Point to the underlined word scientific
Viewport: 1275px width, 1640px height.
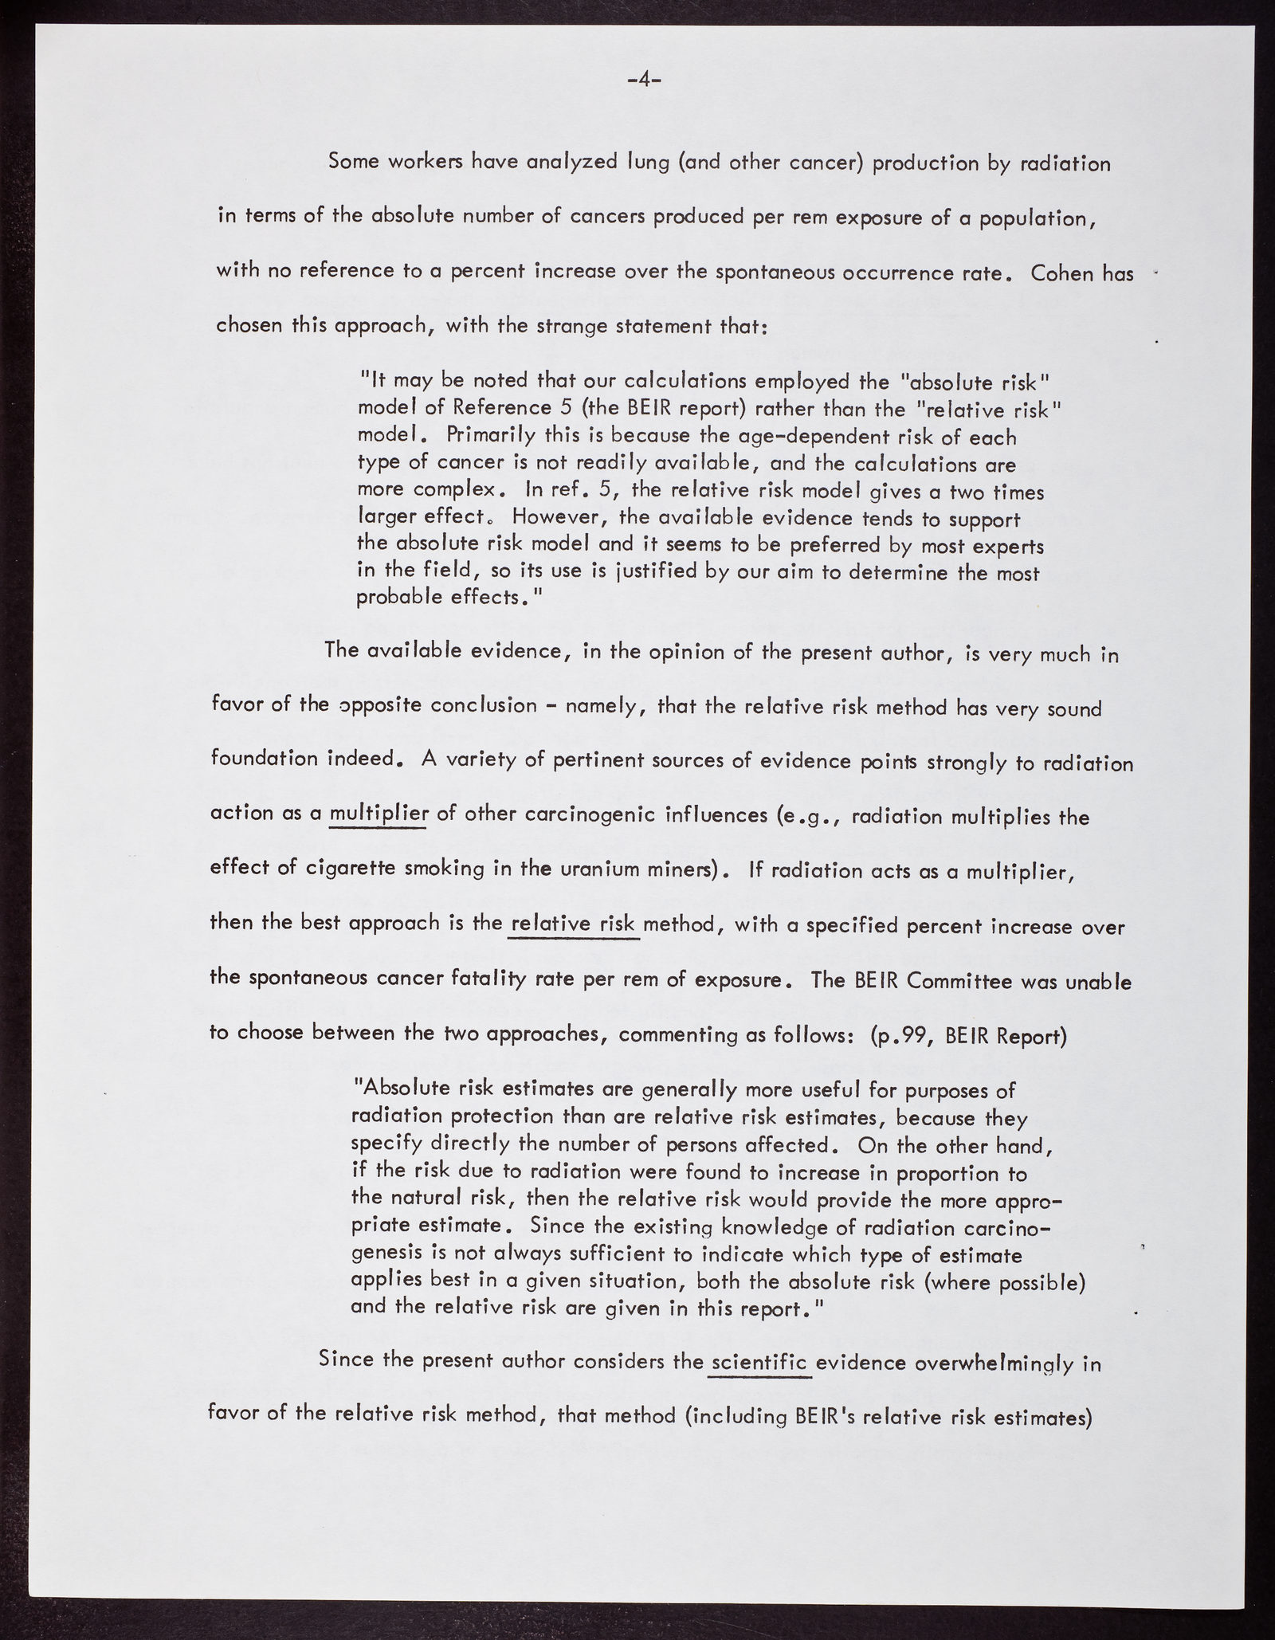click(x=759, y=1361)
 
